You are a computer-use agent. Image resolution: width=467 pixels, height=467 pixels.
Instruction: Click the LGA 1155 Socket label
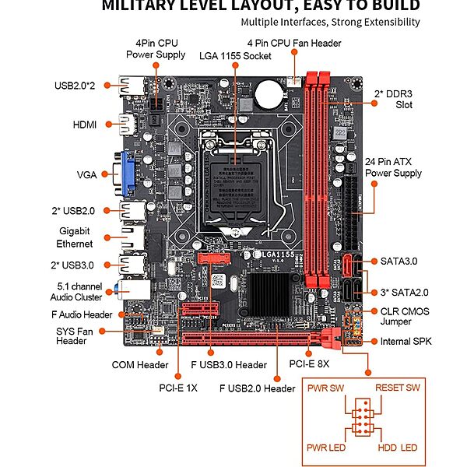coord(234,55)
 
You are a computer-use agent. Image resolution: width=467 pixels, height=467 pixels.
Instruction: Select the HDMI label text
coord(85,125)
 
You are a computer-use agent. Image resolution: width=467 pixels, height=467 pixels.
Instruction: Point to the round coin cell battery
coord(269,95)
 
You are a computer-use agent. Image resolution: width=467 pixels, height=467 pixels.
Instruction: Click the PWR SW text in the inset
coord(325,388)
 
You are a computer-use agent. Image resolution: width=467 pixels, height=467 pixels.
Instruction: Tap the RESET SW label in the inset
coord(397,388)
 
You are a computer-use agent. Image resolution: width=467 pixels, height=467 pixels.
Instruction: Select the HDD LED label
coord(398,448)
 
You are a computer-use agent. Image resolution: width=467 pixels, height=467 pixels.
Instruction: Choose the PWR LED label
coord(325,448)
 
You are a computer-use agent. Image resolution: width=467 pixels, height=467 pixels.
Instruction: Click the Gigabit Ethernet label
coord(75,237)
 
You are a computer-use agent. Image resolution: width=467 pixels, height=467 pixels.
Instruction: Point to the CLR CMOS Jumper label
coord(404,317)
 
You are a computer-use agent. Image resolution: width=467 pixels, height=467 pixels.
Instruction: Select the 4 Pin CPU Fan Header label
coord(294,43)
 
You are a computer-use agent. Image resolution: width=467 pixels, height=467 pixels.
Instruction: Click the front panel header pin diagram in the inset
coord(362,418)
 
